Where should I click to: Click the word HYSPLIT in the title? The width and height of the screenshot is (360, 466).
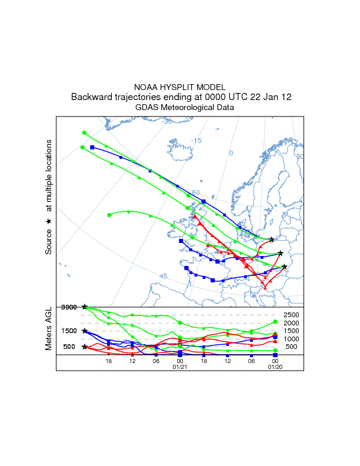[x=177, y=87]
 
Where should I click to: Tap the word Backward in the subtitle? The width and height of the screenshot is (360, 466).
[x=91, y=97]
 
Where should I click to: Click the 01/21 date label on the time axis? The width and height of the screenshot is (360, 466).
[x=180, y=367]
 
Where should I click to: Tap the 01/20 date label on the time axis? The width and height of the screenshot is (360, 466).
[x=275, y=367]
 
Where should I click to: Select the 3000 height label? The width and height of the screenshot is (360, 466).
[x=69, y=307]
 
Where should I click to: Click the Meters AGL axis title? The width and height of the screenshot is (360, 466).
[x=49, y=328]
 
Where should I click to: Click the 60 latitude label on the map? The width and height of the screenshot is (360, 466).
[x=195, y=192]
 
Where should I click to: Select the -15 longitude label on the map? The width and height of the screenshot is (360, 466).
[x=196, y=141]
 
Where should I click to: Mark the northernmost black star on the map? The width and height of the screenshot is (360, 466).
[x=272, y=239]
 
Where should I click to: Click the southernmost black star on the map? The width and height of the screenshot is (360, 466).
[x=285, y=267]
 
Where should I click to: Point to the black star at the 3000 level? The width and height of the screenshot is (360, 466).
[x=85, y=307]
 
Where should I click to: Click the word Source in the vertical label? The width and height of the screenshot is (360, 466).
[x=49, y=242]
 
